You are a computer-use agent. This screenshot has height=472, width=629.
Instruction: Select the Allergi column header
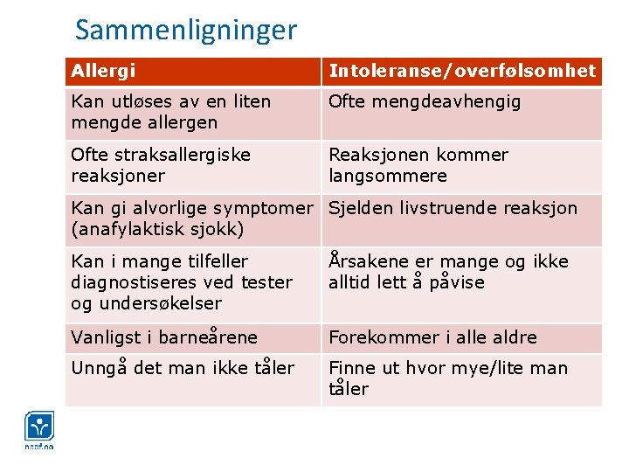[x=103, y=71]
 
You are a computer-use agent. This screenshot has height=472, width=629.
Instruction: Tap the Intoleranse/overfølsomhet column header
[x=462, y=71]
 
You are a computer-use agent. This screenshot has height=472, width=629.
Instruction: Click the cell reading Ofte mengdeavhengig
[x=425, y=101]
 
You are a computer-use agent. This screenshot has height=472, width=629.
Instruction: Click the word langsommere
[x=388, y=176]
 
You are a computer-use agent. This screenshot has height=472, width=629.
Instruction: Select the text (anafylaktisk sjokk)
[x=157, y=229]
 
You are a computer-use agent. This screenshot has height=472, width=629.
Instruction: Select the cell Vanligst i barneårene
[x=164, y=337]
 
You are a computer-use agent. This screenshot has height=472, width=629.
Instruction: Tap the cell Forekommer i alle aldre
[x=432, y=337]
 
